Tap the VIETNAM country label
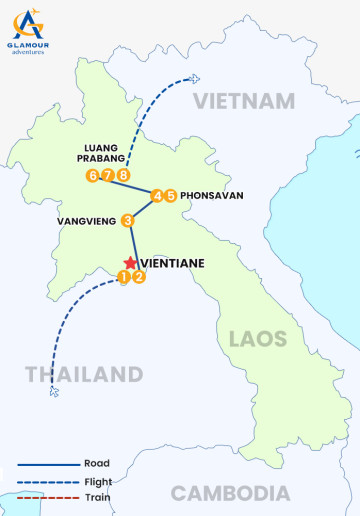point(245,101)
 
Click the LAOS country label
point(257,339)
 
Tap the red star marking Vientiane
point(130,262)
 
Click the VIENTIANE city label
point(175,263)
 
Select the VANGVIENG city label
point(88,220)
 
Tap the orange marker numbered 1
point(124,277)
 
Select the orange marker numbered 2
point(139,277)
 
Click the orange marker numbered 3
point(128,220)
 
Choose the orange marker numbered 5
point(171,195)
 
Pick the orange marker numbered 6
point(92,176)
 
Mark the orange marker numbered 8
point(123,176)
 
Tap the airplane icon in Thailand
point(54,391)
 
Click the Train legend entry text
point(98,497)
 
